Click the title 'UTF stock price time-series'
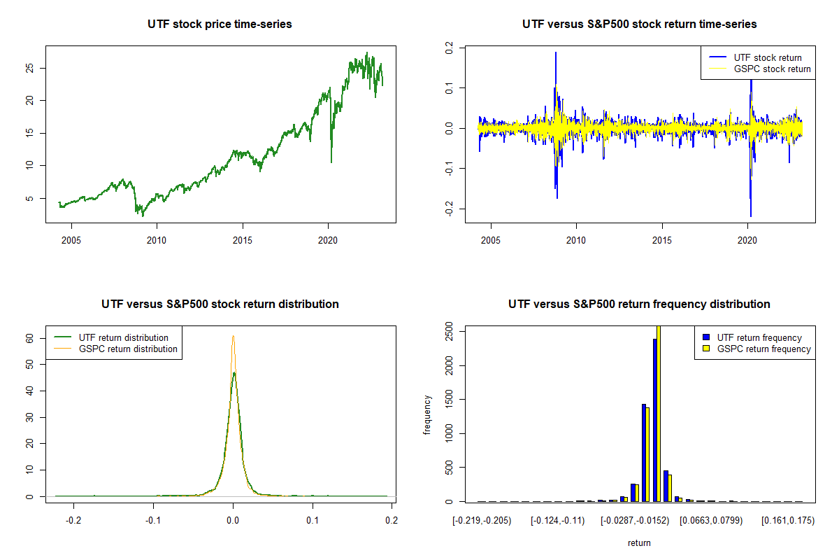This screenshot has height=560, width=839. (x=220, y=24)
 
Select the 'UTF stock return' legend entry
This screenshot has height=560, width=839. (x=768, y=57)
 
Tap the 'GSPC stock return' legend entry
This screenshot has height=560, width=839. (x=772, y=69)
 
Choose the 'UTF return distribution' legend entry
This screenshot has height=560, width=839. (x=123, y=337)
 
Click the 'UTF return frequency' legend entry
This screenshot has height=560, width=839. (x=759, y=337)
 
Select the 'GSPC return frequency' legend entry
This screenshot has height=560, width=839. (x=763, y=349)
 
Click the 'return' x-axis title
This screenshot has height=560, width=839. (x=639, y=542)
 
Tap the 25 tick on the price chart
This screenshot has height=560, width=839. (x=29, y=68)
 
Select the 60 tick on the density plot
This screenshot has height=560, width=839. (x=29, y=337)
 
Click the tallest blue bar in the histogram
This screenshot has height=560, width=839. (x=655, y=420)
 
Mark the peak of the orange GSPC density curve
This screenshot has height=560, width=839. (x=233, y=336)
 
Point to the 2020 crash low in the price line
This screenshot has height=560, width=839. (x=331, y=162)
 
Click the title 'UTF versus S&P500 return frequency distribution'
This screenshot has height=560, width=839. (x=639, y=304)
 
